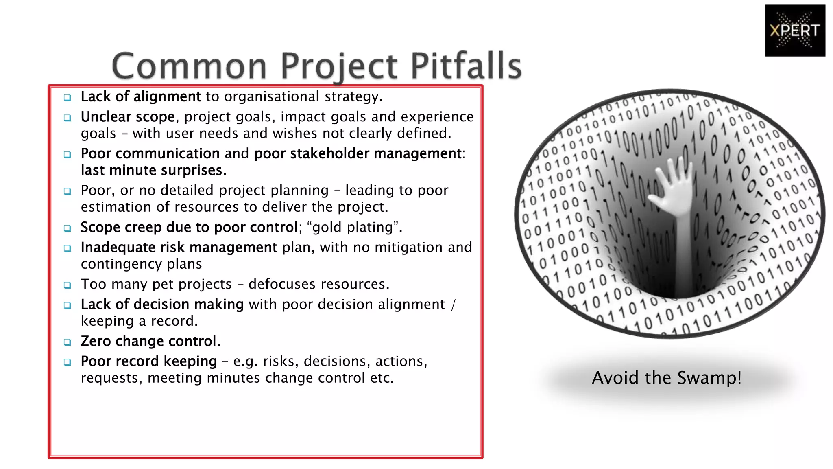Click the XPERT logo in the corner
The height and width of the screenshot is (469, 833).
click(x=794, y=31)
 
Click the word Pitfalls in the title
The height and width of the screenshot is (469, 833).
click(x=466, y=66)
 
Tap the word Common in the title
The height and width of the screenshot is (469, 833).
click(x=189, y=66)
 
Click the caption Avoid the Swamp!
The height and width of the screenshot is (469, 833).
click(x=666, y=378)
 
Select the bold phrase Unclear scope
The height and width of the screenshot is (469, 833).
click(x=128, y=117)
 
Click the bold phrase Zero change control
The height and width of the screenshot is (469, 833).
click(x=150, y=341)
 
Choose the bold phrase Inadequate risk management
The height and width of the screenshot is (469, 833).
click(x=179, y=248)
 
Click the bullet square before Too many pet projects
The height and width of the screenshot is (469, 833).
click(x=68, y=285)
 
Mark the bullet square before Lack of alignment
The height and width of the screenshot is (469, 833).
click(x=68, y=97)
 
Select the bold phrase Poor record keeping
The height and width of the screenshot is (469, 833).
click(x=149, y=362)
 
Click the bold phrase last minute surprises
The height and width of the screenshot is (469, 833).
click(x=153, y=170)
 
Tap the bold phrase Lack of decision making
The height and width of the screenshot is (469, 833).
click(x=162, y=305)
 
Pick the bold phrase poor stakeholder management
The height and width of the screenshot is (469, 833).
click(x=358, y=154)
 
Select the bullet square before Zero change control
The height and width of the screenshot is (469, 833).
click(x=68, y=342)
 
